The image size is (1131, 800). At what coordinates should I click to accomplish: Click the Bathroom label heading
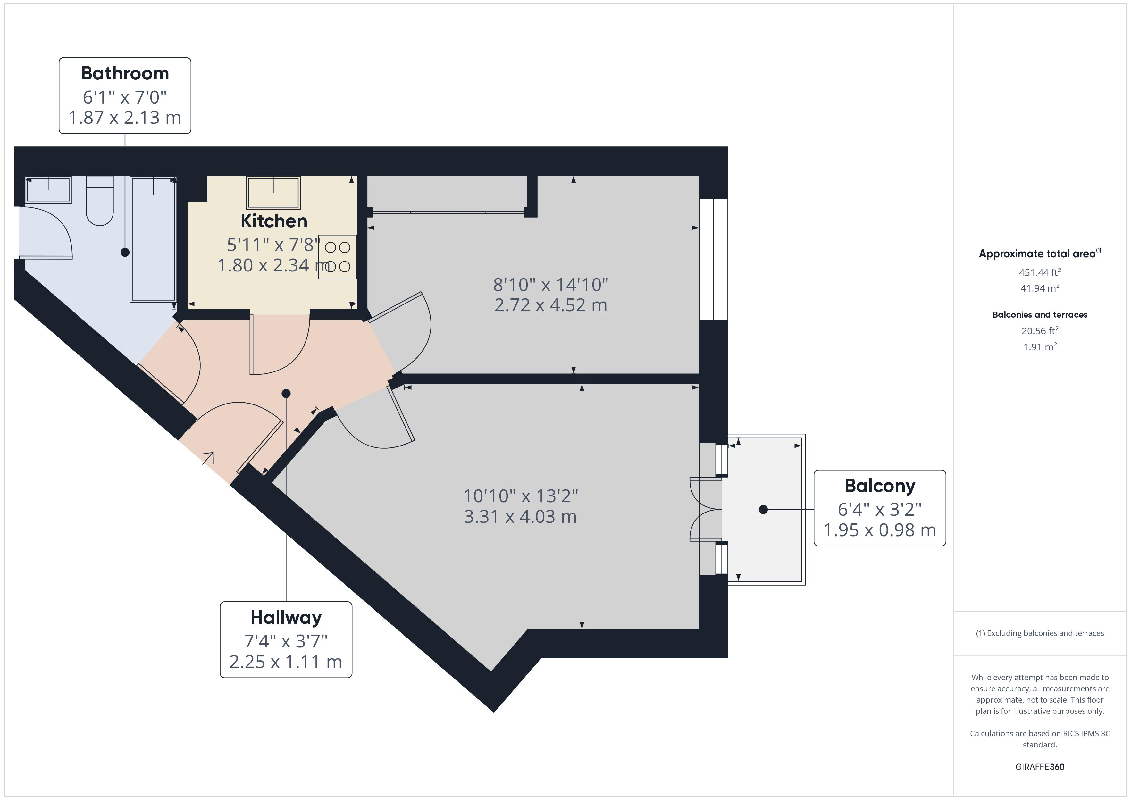tap(125, 73)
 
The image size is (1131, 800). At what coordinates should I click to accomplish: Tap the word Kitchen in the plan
tap(274, 221)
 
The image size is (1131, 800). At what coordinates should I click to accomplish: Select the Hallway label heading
tap(286, 618)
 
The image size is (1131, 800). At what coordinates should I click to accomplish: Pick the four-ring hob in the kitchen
tap(338, 257)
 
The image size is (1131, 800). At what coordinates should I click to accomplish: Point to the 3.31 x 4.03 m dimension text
tap(520, 517)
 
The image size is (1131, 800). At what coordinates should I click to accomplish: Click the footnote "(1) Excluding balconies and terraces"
tap(1039, 634)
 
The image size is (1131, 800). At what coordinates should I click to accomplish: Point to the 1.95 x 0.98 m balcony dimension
tap(880, 530)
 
